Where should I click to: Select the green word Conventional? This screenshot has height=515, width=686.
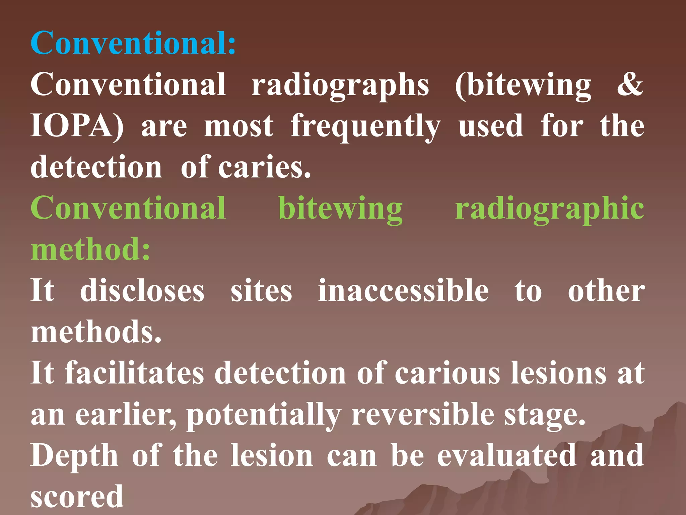coord(128,208)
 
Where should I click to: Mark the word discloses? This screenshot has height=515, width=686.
coord(142,291)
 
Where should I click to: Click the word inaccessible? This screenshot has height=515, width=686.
coord(403,291)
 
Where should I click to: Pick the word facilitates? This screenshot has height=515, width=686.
coord(134,373)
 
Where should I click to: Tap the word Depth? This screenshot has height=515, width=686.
coord(74,456)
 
